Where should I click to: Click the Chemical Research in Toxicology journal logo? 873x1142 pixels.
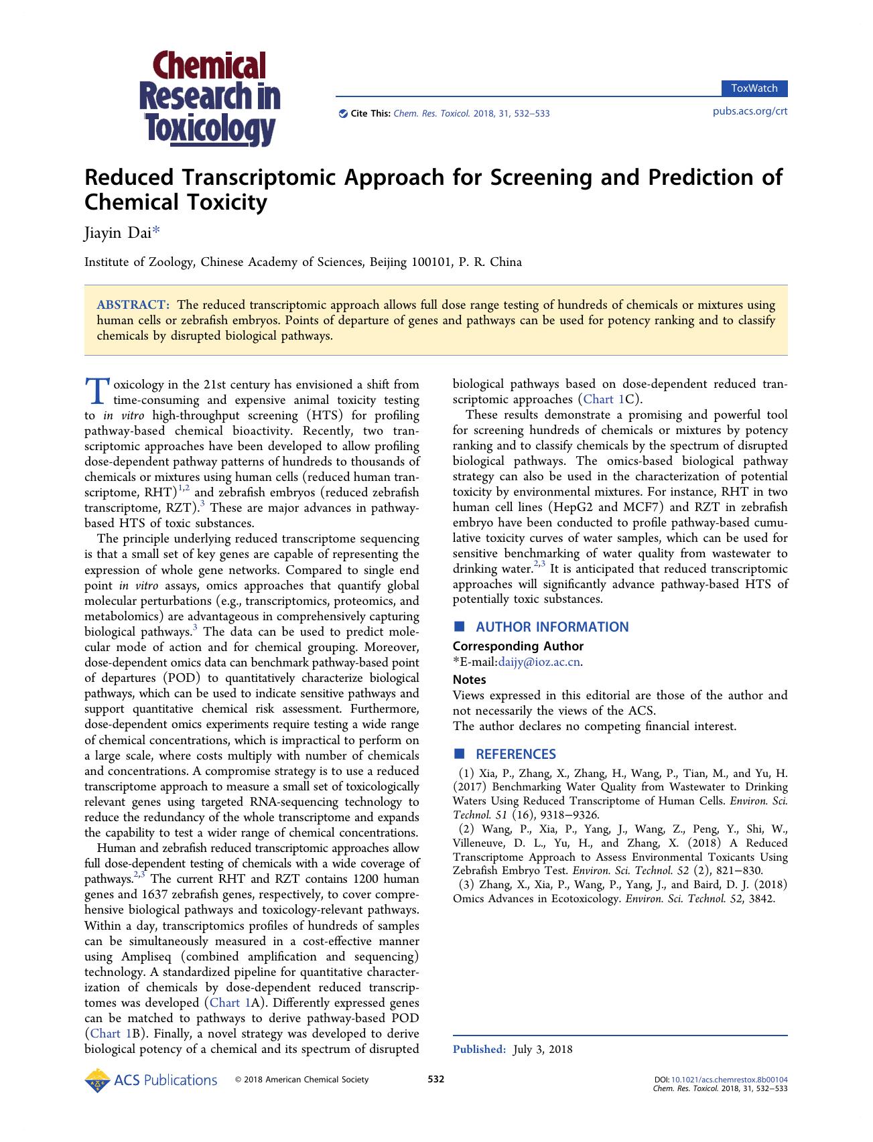[209, 98]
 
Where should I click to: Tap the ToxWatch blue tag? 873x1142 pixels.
[754, 88]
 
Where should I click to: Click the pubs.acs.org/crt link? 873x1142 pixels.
[750, 111]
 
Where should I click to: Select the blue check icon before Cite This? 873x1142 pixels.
[343, 113]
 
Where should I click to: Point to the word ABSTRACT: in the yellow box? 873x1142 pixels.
[133, 305]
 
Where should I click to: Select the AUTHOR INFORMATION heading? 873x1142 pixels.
[551, 627]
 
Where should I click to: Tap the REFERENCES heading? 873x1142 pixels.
[515, 754]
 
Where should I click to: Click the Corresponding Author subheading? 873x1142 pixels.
[518, 646]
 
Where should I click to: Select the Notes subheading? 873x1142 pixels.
[469, 679]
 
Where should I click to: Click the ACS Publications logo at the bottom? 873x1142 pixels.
[151, 1080]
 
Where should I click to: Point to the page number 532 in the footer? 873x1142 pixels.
[436, 1079]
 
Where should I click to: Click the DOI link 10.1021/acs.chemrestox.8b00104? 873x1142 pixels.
[729, 1080]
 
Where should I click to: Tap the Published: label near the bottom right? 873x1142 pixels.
[479, 1049]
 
